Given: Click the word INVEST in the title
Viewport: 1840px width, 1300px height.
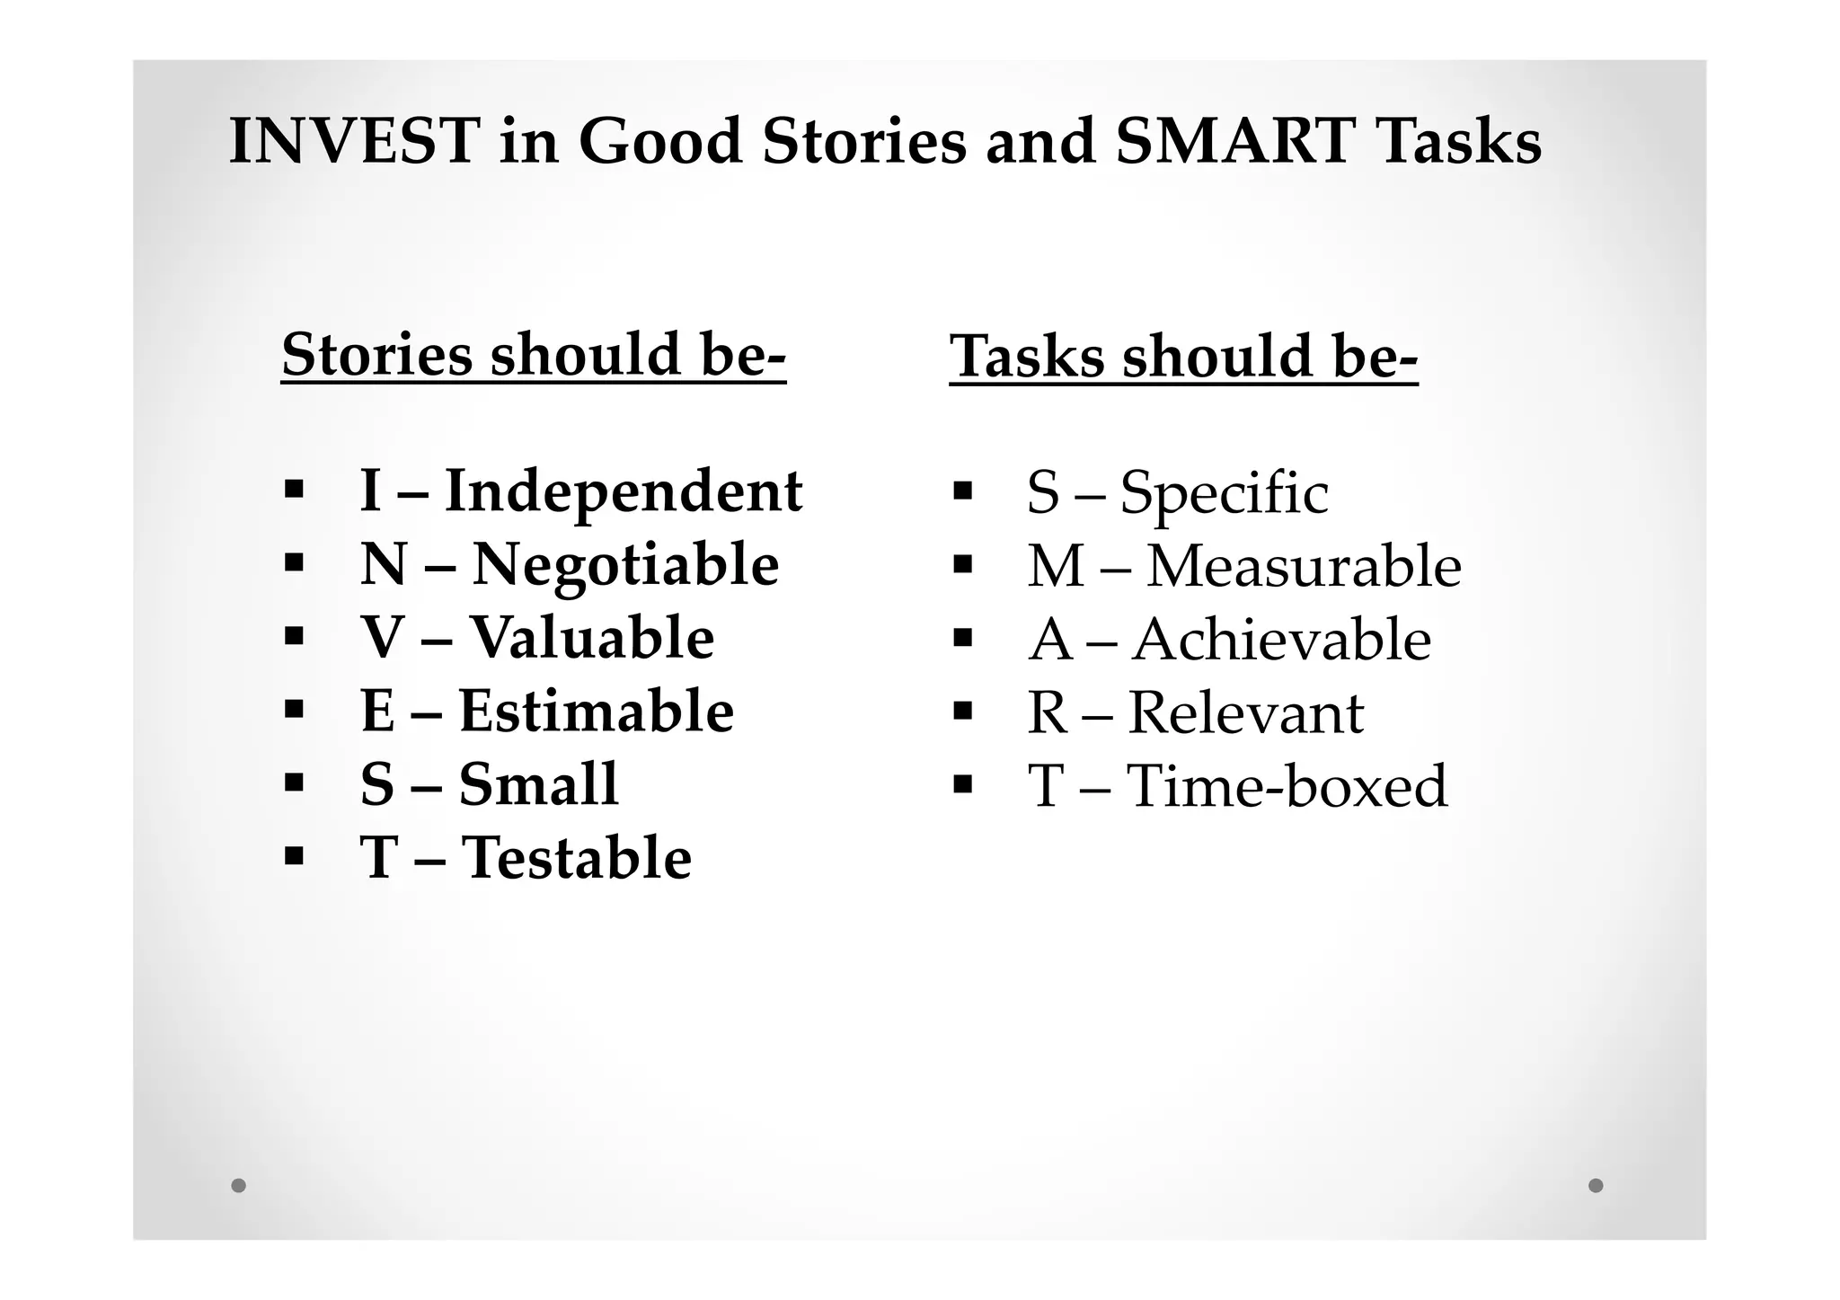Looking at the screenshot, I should (352, 142).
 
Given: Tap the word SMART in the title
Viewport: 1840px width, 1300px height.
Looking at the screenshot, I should (1234, 142).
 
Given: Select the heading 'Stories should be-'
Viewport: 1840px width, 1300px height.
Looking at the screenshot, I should (534, 355).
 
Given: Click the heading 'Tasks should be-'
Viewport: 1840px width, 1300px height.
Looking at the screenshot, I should (1183, 357).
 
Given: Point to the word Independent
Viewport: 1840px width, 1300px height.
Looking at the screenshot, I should (624, 491).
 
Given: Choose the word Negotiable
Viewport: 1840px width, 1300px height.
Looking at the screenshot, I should (625, 565).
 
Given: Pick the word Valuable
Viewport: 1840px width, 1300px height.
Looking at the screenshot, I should (592, 638).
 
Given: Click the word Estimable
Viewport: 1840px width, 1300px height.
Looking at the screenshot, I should (597, 712).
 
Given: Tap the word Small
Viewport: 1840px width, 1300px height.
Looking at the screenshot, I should (538, 784).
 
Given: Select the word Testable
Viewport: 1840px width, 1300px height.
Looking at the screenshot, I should (576, 858).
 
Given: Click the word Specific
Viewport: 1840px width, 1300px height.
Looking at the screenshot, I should (1224, 493).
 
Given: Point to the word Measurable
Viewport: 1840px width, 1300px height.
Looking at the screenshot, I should (1304, 567).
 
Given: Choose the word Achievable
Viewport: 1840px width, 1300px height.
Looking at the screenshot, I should (1281, 640).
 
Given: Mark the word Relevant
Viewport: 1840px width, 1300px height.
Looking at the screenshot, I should (1245, 713).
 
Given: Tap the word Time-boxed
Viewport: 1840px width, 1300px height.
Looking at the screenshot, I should (1287, 786).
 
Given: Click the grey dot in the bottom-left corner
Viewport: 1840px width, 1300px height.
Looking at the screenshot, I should (238, 1185).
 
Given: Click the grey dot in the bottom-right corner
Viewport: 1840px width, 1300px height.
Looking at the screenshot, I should (1596, 1185).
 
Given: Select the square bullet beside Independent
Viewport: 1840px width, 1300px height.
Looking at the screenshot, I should (293, 491).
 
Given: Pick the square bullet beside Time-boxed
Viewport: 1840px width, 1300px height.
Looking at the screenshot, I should (962, 784).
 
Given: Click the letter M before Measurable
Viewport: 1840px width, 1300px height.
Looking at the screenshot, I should (1056, 567).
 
